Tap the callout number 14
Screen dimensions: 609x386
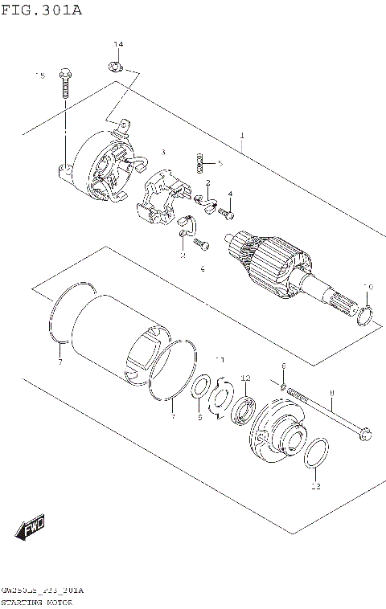tap(118, 43)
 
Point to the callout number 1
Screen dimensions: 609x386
tap(241, 135)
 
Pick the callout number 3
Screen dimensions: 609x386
tap(162, 152)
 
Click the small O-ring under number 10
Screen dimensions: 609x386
tap(365, 316)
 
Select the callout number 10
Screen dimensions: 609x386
tap(368, 287)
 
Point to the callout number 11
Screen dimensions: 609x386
tap(220, 359)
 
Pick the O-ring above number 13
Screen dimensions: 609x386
tap(316, 454)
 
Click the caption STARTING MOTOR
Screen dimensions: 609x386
tap(38, 601)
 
